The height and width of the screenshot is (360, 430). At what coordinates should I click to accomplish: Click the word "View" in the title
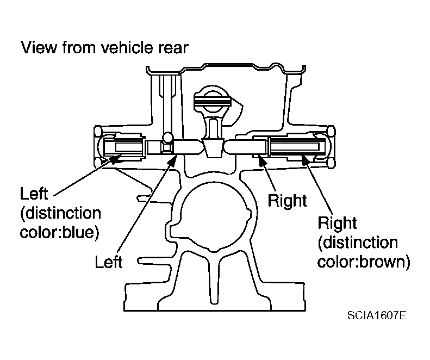coord(39,47)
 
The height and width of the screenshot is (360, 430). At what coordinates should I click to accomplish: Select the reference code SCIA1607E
coord(377,315)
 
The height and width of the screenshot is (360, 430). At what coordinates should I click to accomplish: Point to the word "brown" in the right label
coord(384,262)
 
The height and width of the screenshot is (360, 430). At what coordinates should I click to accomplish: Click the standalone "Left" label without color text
coord(109,262)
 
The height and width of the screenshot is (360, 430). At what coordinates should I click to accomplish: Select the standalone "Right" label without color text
coord(287,201)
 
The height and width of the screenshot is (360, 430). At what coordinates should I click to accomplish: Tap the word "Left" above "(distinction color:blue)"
coord(34,194)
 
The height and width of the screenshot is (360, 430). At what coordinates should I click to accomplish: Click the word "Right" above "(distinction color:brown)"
coord(337,223)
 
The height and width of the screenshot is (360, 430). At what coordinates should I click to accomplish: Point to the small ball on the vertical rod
coord(167,137)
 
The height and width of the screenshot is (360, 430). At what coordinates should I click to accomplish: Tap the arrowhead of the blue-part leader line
coord(116,158)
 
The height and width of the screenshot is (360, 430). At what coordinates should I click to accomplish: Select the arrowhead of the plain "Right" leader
coord(262,160)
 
